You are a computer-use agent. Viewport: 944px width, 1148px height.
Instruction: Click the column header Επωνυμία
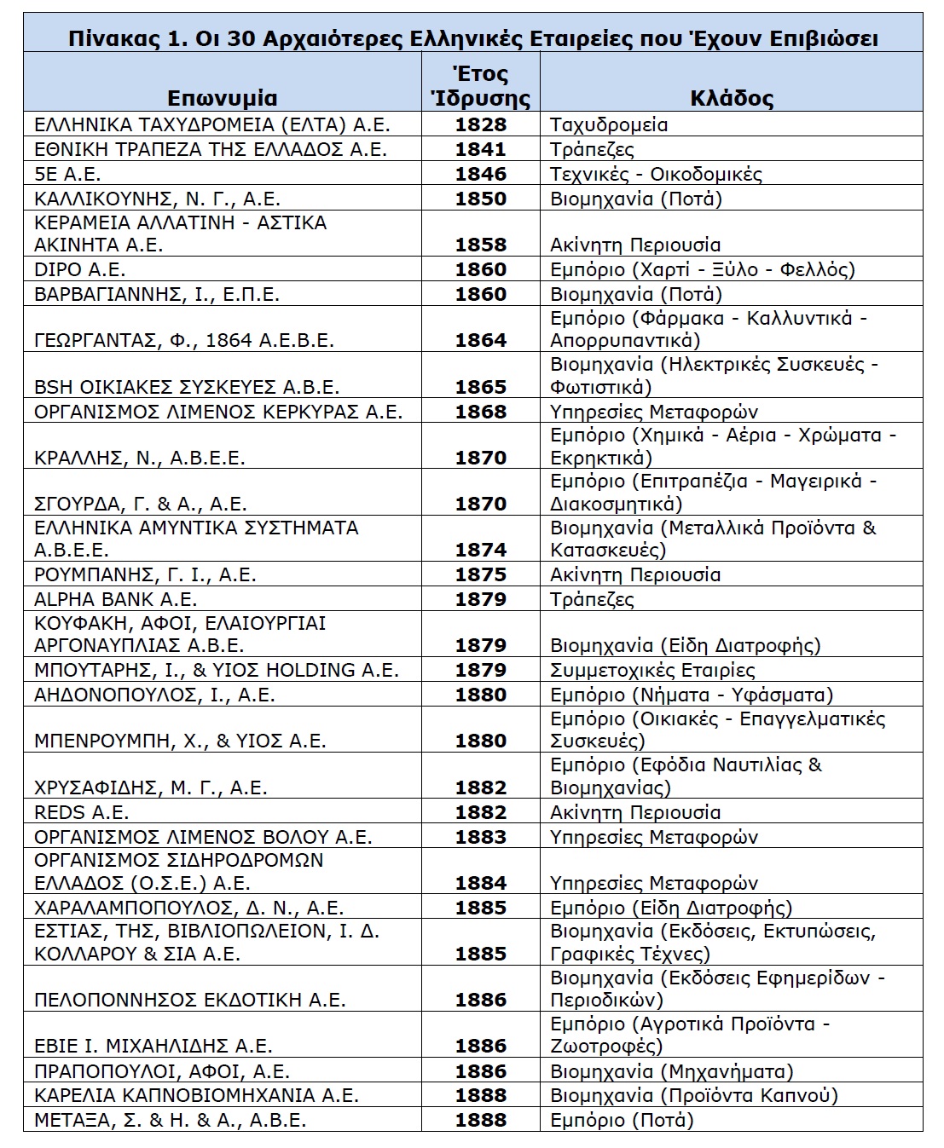[x=222, y=97]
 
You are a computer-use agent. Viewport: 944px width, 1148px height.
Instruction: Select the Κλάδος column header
[x=731, y=97]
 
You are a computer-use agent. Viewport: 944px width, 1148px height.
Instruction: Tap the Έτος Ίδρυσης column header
[x=480, y=85]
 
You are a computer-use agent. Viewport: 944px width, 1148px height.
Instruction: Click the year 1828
[x=480, y=124]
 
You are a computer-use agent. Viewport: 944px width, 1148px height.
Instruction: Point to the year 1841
[x=480, y=149]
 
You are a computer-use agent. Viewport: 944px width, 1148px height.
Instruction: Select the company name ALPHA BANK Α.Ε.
[x=115, y=599]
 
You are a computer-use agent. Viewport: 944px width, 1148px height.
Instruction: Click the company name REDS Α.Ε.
[x=82, y=812]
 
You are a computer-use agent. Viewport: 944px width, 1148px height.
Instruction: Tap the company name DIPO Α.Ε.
[x=79, y=269]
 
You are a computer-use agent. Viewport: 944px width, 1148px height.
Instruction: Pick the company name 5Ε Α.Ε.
[x=67, y=174]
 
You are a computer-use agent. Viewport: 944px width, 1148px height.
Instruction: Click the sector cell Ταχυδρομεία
[x=609, y=124]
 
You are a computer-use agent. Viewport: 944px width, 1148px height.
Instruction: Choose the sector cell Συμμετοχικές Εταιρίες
[x=652, y=670]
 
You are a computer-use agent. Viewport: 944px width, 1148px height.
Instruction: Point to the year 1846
[x=480, y=174]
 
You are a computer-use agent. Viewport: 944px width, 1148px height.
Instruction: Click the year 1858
[x=480, y=245]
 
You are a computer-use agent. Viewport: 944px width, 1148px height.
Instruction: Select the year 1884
[x=480, y=883]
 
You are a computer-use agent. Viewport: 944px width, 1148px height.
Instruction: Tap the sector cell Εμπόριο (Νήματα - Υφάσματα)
[x=692, y=695]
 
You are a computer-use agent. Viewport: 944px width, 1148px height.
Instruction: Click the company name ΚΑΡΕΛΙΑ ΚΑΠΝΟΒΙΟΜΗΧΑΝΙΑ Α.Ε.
[x=196, y=1095]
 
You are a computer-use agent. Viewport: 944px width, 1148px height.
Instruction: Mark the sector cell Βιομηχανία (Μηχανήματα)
[x=671, y=1071]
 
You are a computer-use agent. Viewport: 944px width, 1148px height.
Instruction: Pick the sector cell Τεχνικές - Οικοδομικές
[x=656, y=174]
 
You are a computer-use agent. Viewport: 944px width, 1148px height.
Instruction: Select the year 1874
[x=480, y=550]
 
